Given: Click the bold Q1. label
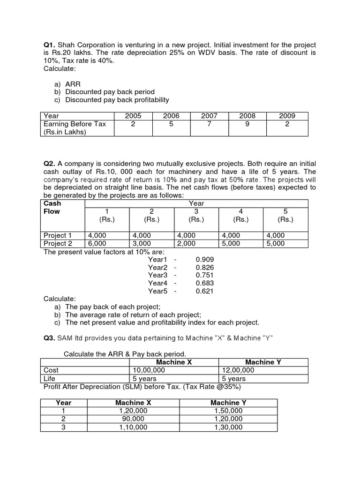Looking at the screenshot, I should point(50,45).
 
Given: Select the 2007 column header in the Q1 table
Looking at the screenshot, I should point(209,116).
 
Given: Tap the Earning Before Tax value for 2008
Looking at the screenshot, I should point(247,124).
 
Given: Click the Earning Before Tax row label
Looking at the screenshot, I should point(75,124).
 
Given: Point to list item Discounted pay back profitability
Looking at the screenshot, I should point(117,99).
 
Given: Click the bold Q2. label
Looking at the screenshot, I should point(50,164).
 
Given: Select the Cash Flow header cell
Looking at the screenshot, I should point(52,207).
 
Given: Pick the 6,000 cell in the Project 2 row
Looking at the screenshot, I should point(97,243).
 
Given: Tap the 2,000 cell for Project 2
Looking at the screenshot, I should point(186,243).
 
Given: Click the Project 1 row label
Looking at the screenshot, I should point(58,235).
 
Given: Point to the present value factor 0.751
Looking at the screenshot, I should point(204,275).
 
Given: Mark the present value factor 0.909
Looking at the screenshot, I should point(204,259).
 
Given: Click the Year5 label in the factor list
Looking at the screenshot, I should point(157,291).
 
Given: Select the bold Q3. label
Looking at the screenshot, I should point(50,338).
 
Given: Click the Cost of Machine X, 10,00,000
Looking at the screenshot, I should point(148,370).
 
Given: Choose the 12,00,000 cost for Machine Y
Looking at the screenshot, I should point(238,370).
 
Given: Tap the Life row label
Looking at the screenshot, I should point(49,378).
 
